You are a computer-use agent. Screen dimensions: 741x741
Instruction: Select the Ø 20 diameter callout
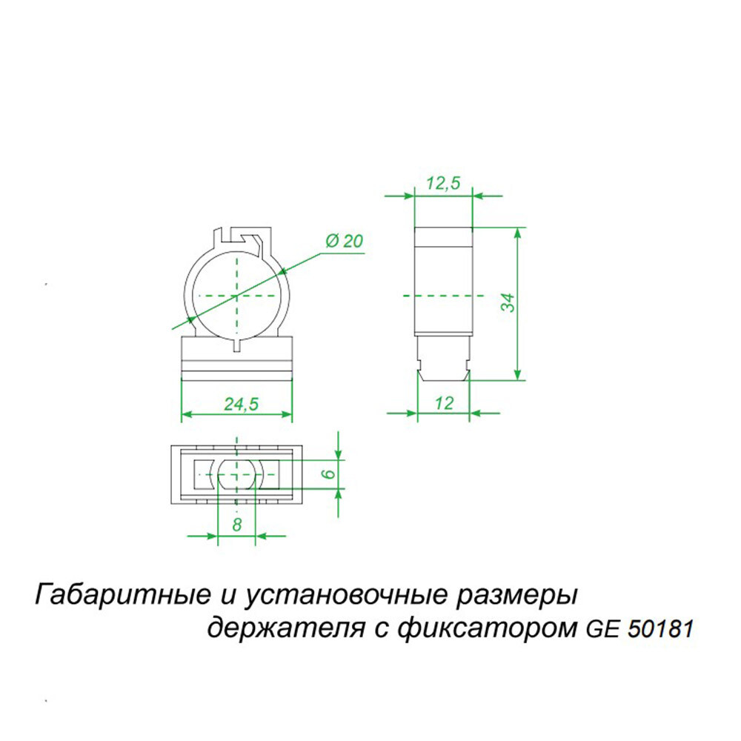344,241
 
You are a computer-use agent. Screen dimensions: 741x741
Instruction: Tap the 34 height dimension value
507,302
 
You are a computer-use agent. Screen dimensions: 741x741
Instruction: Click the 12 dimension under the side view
444,403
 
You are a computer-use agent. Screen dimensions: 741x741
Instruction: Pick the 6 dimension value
330,473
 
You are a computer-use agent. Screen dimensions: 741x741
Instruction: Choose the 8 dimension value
236,525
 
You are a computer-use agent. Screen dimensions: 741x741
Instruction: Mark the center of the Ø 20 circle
237,295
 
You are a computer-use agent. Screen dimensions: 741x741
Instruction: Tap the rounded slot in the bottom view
236,473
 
